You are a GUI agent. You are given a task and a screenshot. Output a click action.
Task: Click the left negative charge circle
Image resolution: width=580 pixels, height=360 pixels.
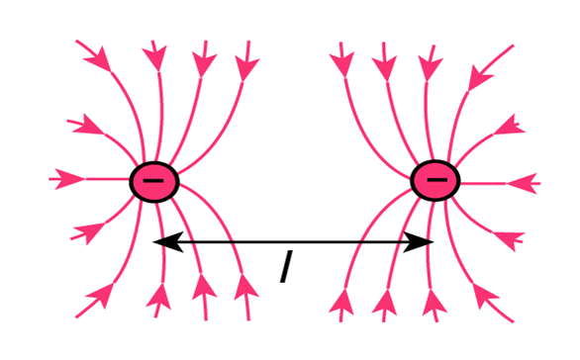tap(154, 182)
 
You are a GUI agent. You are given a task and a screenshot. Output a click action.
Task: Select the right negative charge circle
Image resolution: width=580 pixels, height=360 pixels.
tap(435, 180)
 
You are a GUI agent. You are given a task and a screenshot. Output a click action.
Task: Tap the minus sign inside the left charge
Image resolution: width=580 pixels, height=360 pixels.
tap(153, 181)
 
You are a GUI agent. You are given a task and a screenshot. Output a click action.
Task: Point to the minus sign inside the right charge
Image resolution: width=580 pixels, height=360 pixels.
tap(436, 180)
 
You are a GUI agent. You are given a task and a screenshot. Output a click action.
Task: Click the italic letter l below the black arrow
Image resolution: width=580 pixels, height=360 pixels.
tap(286, 266)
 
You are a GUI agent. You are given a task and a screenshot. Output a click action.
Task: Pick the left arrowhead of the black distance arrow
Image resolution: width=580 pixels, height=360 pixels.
tap(168, 242)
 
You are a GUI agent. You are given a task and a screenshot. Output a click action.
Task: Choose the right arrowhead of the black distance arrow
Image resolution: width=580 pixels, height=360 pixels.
tap(419, 242)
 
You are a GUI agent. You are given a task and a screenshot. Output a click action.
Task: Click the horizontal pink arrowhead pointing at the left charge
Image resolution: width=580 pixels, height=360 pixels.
tap(69, 179)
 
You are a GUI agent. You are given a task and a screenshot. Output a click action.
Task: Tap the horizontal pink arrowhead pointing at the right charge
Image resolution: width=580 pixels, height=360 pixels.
tap(522, 183)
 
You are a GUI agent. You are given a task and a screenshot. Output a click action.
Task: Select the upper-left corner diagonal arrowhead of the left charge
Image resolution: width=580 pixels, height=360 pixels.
tap(98, 58)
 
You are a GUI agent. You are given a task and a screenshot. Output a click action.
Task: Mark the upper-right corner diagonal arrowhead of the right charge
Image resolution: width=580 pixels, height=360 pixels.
tap(480, 78)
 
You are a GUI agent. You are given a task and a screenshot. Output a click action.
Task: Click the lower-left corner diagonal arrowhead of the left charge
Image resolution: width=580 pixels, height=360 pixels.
tap(100, 296)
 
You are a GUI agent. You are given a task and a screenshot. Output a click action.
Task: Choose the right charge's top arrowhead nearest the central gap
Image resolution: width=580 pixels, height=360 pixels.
tap(342, 65)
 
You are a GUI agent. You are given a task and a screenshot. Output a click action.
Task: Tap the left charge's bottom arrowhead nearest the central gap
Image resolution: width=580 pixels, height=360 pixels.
tap(245, 286)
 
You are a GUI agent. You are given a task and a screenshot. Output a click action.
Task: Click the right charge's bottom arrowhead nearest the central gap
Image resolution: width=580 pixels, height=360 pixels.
tap(341, 302)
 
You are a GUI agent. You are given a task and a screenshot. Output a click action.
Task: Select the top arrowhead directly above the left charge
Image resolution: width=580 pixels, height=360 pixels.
tap(156, 59)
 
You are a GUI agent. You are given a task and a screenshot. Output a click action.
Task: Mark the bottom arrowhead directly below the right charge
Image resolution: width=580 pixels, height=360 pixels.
tap(434, 302)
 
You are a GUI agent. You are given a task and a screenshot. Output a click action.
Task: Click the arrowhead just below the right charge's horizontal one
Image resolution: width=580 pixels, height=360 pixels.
tap(510, 240)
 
